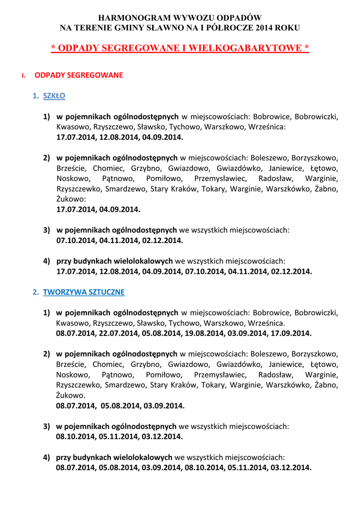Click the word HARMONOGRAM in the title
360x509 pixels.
tap(127, 18)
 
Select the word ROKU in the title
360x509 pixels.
tap(285, 28)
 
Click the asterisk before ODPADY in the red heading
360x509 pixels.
tap(53, 48)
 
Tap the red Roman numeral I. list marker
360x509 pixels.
tap(23, 76)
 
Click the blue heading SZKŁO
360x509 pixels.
tap(54, 95)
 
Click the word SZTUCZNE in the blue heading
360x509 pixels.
tap(105, 292)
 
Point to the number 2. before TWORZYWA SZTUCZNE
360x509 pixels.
tap(36, 292)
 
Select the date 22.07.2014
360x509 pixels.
tap(120, 334)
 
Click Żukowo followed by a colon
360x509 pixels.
tap(71, 199)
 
